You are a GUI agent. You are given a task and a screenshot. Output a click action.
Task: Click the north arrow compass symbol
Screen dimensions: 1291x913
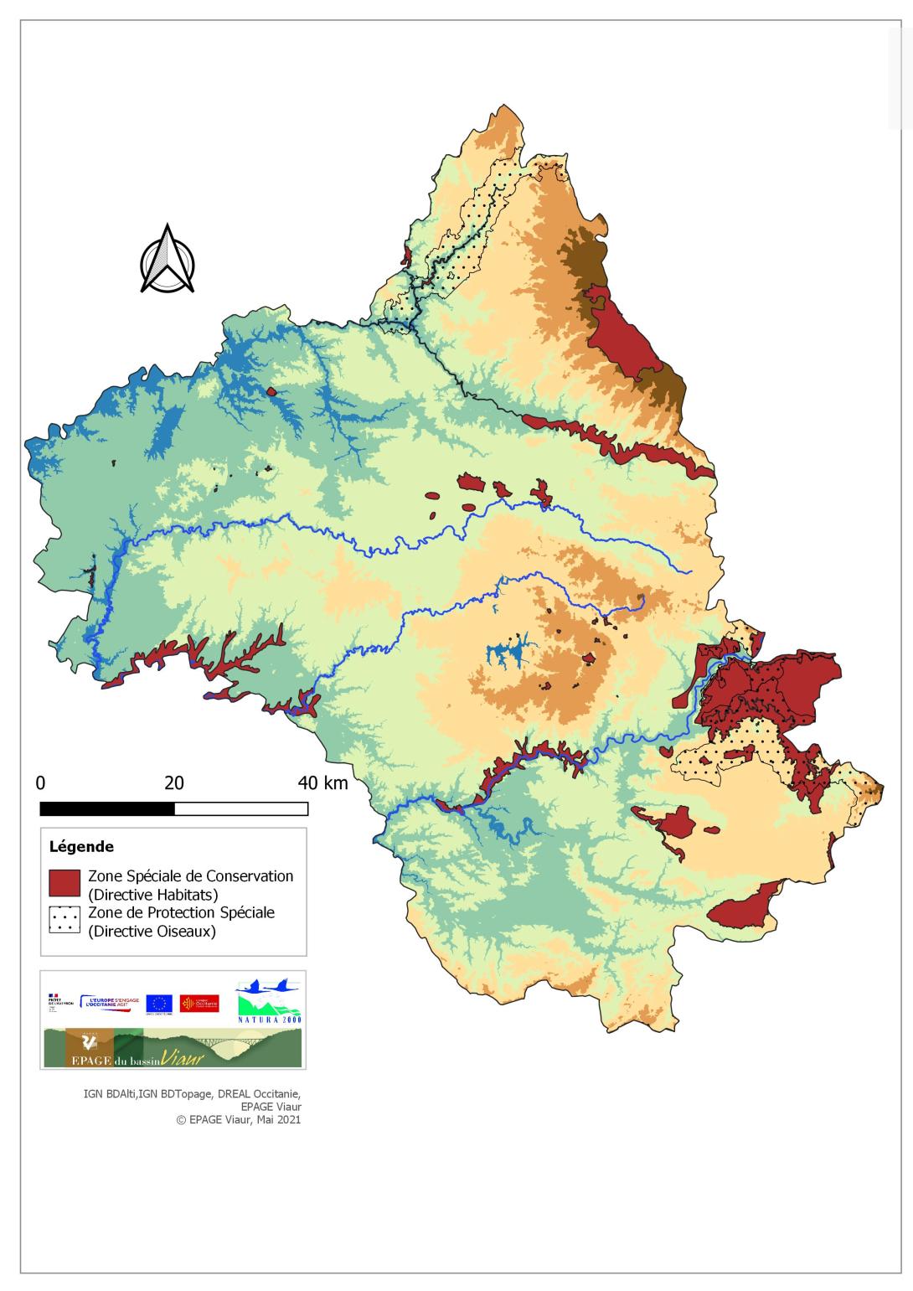pos(168,260)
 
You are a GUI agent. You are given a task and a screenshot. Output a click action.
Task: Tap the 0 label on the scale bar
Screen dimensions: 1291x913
pos(40,783)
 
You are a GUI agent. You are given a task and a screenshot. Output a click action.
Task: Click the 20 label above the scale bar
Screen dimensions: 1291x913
pos(173,783)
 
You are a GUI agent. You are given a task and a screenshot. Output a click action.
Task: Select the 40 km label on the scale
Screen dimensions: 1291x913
pos(322,783)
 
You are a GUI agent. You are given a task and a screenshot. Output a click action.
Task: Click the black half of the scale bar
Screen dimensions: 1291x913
pos(107,808)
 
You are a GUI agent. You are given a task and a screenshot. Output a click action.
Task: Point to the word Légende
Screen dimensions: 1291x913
pos(81,847)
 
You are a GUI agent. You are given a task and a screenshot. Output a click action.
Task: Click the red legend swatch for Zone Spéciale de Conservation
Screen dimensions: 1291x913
pos(64,884)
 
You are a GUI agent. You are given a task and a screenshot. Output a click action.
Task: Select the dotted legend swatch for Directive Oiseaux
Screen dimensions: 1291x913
pos(64,922)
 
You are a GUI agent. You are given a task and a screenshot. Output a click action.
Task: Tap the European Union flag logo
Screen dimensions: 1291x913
pos(159,1003)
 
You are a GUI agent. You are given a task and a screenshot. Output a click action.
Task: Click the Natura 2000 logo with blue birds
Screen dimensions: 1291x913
pos(269,1001)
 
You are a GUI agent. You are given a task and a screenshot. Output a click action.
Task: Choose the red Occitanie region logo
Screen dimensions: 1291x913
pos(199,1003)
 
